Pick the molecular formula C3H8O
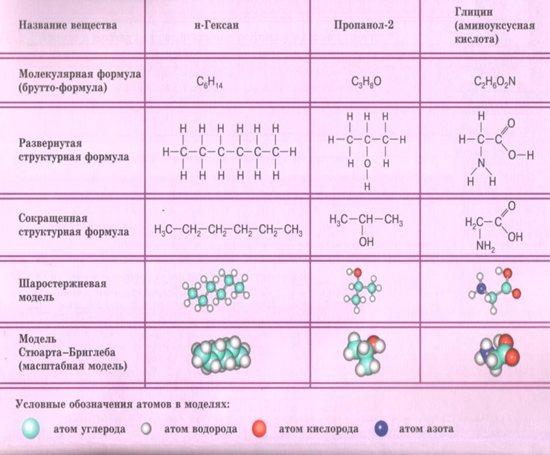click(x=366, y=82)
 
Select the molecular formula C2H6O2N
click(x=494, y=82)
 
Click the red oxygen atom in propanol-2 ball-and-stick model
click(x=357, y=273)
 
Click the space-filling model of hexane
click(x=221, y=355)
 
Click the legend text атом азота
click(x=426, y=429)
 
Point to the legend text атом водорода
click(x=201, y=429)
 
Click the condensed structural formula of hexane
click(x=228, y=231)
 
